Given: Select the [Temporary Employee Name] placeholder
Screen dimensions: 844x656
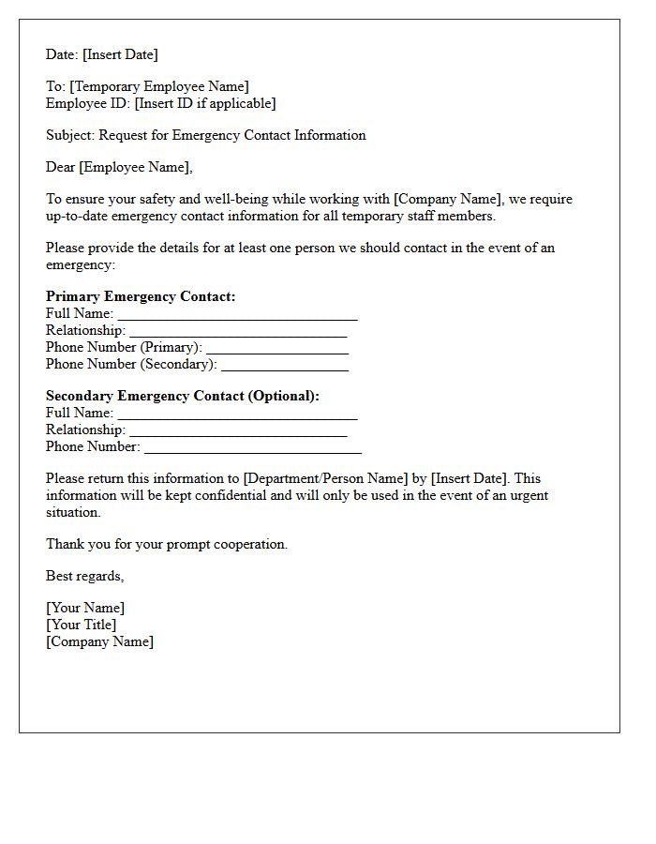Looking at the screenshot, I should [x=159, y=86].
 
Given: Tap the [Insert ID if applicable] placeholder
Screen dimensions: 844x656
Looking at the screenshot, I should [x=205, y=103].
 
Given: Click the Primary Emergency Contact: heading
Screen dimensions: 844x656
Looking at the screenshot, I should [x=141, y=296].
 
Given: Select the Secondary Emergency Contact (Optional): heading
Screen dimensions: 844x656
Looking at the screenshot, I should [x=183, y=396].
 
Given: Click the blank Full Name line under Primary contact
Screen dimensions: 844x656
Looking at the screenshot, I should [x=237, y=315].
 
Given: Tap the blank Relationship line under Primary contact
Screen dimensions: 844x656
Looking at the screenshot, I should [x=238, y=332].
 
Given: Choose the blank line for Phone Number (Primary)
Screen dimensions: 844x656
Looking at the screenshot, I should [x=277, y=349].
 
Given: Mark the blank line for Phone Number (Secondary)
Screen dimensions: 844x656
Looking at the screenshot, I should [x=285, y=366].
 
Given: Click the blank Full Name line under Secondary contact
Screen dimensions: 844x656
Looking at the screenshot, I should [x=237, y=414].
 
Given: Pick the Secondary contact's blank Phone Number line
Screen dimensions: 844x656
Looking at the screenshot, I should [x=253, y=448].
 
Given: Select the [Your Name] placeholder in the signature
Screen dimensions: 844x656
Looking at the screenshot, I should [x=85, y=608].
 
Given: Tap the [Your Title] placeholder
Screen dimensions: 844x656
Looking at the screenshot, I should [x=82, y=625].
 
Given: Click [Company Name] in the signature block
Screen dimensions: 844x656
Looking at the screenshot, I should [x=100, y=641].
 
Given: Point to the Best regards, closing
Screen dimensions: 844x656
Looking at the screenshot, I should [x=84, y=576].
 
